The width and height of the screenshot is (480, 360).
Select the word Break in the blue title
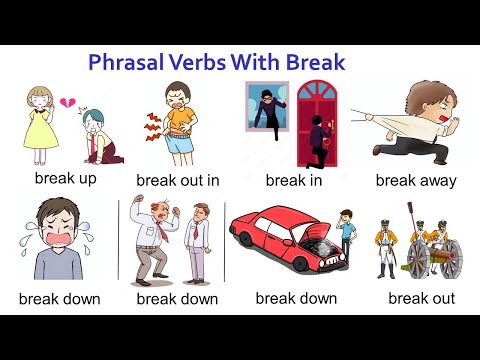coord(312,63)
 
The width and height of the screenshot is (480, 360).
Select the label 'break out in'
coord(177,181)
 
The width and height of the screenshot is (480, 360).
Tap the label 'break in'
coord(292,180)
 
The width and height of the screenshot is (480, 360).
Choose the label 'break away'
coord(416,181)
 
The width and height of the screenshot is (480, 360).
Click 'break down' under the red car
coord(296,298)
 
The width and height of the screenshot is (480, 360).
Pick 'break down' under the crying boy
coord(59,299)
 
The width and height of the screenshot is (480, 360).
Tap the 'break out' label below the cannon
coord(421,298)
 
